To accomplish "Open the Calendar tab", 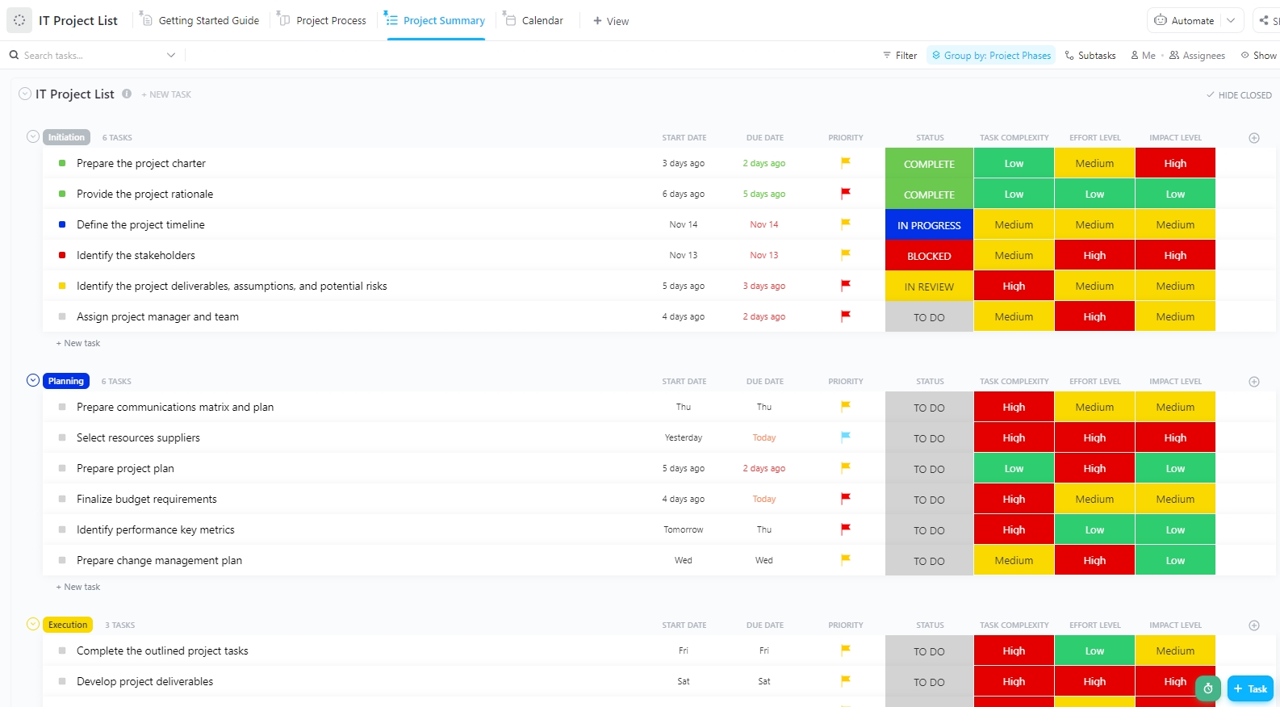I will tap(542, 20).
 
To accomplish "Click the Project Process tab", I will tap(330, 20).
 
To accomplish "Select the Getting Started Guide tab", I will tap(208, 20).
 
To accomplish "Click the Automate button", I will tap(1185, 20).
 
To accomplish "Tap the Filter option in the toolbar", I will tap(900, 56).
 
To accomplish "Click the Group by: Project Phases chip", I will tap(991, 56).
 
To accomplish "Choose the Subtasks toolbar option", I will tap(1090, 56).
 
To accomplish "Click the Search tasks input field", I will tap(89, 56).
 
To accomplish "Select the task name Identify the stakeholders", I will tap(136, 256).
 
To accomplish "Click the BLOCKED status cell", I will tap(929, 256).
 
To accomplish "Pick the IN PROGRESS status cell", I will tap(929, 225).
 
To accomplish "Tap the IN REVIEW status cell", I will tap(929, 287).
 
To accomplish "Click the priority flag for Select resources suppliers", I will tap(846, 437).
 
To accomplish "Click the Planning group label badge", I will tap(66, 381).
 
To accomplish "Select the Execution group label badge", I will tap(68, 625).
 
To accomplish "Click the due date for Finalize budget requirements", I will tap(763, 500).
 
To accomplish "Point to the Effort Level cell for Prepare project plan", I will tap(1094, 469).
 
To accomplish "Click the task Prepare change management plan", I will tap(159, 561).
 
